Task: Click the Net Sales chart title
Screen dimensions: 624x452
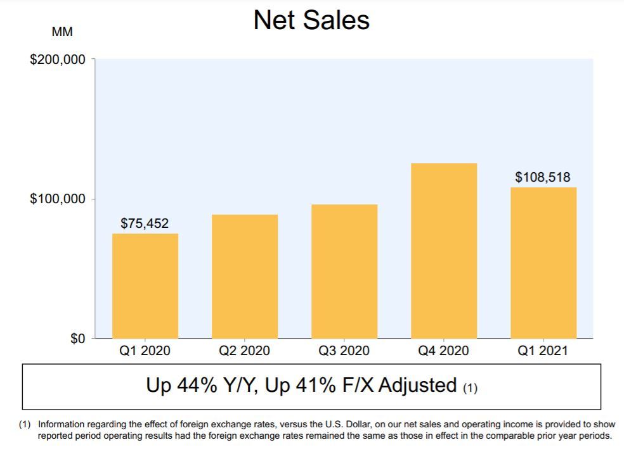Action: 311,20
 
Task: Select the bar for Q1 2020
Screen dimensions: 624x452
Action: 145,286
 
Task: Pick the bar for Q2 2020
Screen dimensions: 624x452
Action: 245,277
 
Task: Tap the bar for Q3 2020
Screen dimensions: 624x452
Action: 344,272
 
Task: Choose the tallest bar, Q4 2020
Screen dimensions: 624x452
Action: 444,251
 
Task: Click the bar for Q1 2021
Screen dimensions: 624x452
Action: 543,263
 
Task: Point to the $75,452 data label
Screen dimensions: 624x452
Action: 145,223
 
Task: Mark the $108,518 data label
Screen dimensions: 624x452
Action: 543,177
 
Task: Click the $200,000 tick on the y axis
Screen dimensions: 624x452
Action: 58,60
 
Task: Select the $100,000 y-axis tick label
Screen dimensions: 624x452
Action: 58,199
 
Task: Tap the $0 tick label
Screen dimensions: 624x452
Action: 78,339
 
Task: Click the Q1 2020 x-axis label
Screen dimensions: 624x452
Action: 145,351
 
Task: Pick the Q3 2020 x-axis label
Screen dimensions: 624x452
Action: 344,351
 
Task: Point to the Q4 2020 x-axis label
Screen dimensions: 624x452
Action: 443,351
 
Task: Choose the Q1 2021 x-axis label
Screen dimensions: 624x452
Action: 543,351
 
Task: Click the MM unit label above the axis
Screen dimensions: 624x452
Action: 62,32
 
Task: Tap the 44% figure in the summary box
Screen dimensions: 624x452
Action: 197,386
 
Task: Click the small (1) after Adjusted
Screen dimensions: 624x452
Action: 470,388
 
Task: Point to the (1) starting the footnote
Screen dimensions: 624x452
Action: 25,424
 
